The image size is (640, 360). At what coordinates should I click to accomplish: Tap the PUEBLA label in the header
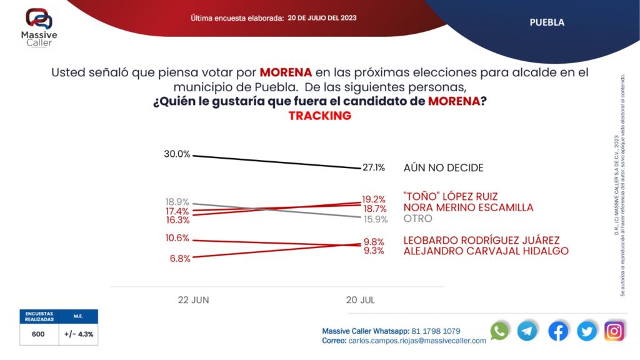tap(547, 22)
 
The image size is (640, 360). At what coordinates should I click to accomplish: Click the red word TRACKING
tap(319, 116)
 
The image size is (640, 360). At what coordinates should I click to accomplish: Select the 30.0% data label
tap(177, 154)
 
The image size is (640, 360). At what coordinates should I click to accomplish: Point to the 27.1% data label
tap(373, 167)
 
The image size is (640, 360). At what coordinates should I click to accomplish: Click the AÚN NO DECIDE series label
tap(443, 167)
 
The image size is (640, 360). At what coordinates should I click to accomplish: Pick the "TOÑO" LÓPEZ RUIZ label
tap(451, 197)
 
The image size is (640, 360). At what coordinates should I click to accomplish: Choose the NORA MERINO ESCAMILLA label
tap(468, 207)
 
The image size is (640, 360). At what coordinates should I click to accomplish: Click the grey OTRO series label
tap(418, 219)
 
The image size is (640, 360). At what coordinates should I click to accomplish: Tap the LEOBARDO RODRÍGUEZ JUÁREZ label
tap(481, 240)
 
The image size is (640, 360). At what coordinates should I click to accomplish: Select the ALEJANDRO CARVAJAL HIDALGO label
tap(486, 251)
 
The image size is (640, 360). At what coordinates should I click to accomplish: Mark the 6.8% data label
tap(180, 258)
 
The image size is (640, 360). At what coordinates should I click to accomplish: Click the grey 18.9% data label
tap(177, 202)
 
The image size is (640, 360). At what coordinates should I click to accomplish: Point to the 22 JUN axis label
tap(193, 300)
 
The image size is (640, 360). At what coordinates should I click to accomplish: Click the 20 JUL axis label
tap(361, 300)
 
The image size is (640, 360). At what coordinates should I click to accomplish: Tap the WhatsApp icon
tap(499, 331)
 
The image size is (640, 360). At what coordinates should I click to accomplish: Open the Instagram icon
tap(614, 331)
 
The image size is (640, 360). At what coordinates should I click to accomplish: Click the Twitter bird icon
tap(587, 331)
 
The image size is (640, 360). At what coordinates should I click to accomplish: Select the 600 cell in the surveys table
tap(38, 334)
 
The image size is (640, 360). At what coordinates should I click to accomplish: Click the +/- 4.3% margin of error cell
tap(79, 334)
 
